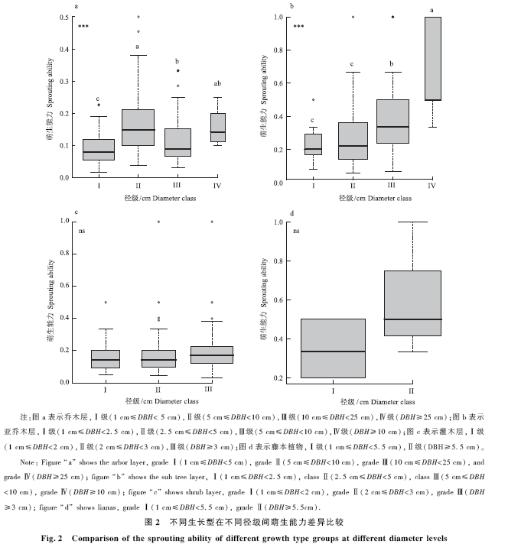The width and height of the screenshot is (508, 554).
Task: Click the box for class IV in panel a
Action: tap(218, 128)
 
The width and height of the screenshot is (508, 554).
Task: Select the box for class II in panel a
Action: tap(138, 128)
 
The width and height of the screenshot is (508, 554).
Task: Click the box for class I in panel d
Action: tap(333, 348)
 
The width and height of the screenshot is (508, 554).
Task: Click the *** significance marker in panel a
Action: tap(83, 27)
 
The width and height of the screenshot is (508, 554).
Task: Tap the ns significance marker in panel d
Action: tap(296, 229)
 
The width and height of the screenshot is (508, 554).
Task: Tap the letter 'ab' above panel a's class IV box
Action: tap(218, 84)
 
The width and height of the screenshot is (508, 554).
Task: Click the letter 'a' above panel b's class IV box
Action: tap(433, 10)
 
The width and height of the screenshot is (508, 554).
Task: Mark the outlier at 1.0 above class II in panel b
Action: tap(353, 17)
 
